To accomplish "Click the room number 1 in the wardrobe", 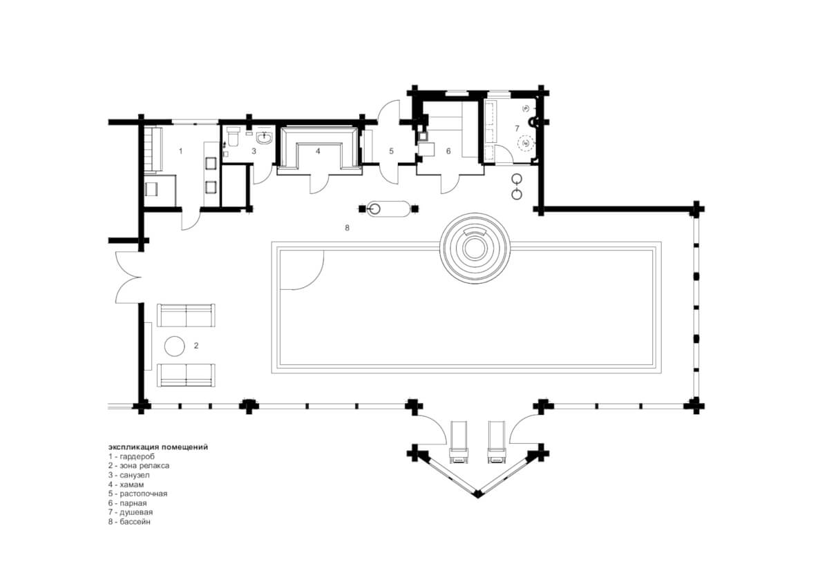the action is coord(180,151).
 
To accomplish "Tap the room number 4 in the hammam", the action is coord(318,151).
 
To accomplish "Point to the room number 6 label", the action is coord(448,151).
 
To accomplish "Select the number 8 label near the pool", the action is coord(347,228).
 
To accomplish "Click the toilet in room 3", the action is coord(234,137).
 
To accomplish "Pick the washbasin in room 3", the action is coord(264,138).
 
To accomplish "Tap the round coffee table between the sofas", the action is coord(174,346).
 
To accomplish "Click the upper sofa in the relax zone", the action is coord(186,315).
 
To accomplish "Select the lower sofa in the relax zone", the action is coord(186,375).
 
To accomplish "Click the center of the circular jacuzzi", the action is coord(475,248).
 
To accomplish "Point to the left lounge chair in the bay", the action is coord(459,442).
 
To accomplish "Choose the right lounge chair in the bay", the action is coord(496,442).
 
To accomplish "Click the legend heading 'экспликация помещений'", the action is coord(158,447).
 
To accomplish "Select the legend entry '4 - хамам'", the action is coord(126,485).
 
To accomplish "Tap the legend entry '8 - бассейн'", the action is coord(130,522).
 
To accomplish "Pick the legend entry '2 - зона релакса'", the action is coord(139,465).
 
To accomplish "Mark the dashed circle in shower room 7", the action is coord(526,143).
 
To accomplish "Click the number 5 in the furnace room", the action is coord(391,151).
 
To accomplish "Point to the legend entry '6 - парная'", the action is coord(127,503).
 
